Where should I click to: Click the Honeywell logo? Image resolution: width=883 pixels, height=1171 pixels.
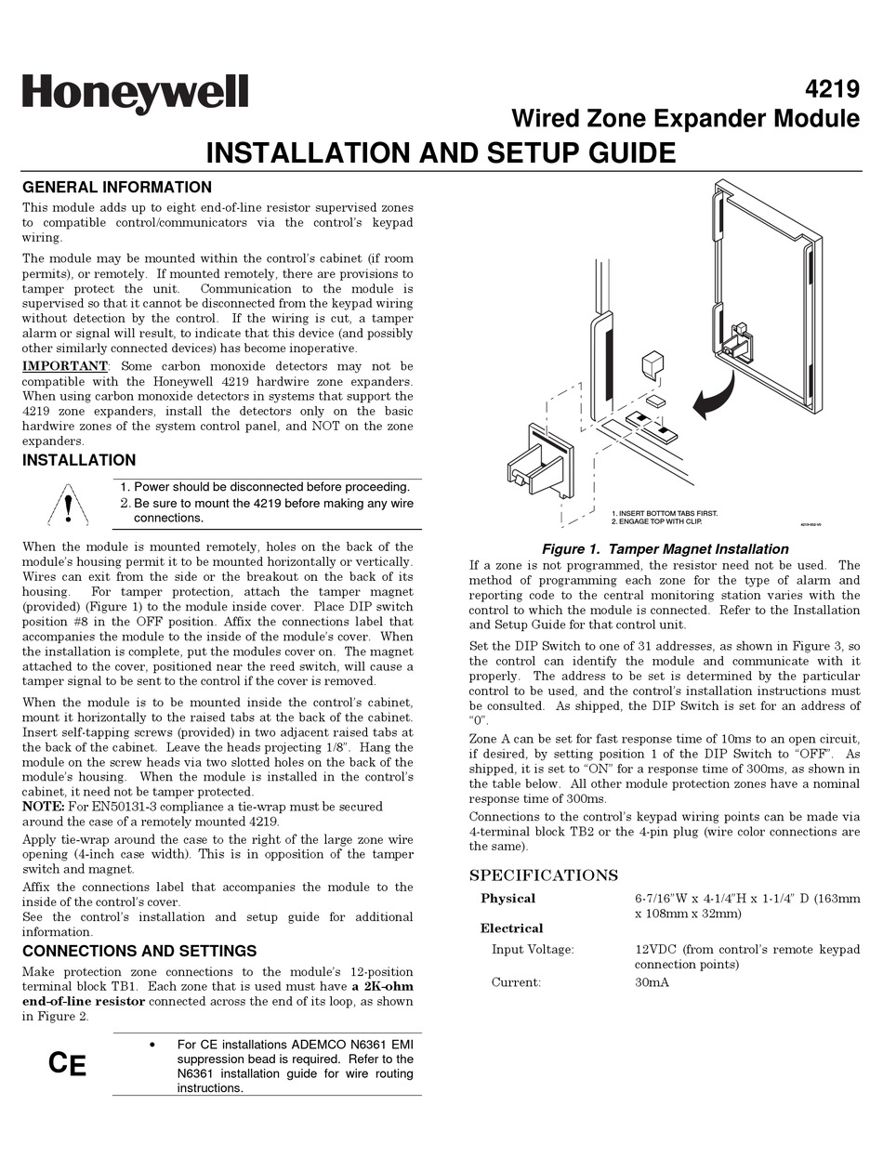point(135,94)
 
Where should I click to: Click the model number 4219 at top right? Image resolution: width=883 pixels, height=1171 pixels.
point(832,90)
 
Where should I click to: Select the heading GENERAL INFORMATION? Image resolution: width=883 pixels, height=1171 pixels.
point(117,187)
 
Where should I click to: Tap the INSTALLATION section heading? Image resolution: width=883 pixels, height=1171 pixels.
point(79,460)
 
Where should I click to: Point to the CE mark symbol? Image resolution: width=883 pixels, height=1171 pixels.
point(67,1063)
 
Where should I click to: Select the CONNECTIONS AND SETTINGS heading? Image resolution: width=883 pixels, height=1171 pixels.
point(139,951)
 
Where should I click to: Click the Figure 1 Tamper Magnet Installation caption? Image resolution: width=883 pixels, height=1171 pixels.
point(665,549)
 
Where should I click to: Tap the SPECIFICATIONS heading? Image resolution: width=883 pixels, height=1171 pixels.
point(544,875)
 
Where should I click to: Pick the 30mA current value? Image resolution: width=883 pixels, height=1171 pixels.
point(652,982)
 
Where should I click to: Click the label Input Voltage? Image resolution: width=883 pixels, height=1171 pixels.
point(533,949)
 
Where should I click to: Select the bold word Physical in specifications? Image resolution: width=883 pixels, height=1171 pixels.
point(507,899)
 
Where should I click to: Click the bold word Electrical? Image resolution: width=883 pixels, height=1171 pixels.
point(511,928)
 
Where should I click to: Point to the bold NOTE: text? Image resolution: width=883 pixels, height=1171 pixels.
point(44,806)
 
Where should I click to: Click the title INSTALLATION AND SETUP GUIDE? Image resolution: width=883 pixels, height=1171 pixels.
point(441,152)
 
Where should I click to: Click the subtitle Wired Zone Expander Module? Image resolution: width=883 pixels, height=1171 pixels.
point(686,119)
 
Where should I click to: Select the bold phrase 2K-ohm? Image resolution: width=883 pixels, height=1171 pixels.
point(383,986)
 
